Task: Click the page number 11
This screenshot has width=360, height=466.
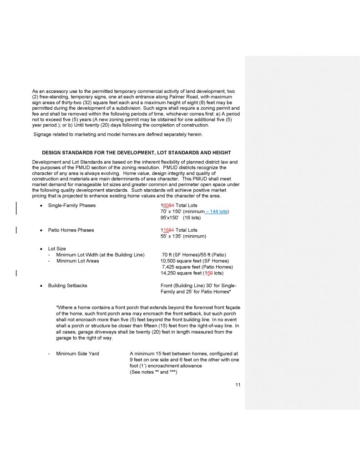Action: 238,385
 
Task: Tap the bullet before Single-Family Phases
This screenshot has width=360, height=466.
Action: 41,205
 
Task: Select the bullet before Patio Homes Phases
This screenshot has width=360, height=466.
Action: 41,230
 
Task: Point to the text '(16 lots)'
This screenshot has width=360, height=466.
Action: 192,218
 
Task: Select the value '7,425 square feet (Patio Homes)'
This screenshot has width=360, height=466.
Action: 197,267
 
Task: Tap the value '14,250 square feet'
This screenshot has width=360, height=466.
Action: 181,274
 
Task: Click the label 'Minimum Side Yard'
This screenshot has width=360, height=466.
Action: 77,353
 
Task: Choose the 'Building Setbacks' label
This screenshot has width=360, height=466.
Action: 67,286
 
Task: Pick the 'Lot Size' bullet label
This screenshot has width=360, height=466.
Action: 57,248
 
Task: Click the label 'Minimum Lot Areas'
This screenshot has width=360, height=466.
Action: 77,261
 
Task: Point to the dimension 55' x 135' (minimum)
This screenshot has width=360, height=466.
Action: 183,236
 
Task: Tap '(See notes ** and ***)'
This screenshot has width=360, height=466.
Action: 153,372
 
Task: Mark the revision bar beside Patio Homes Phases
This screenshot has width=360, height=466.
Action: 17,230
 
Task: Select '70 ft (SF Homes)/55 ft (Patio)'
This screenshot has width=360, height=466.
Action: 194,254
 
